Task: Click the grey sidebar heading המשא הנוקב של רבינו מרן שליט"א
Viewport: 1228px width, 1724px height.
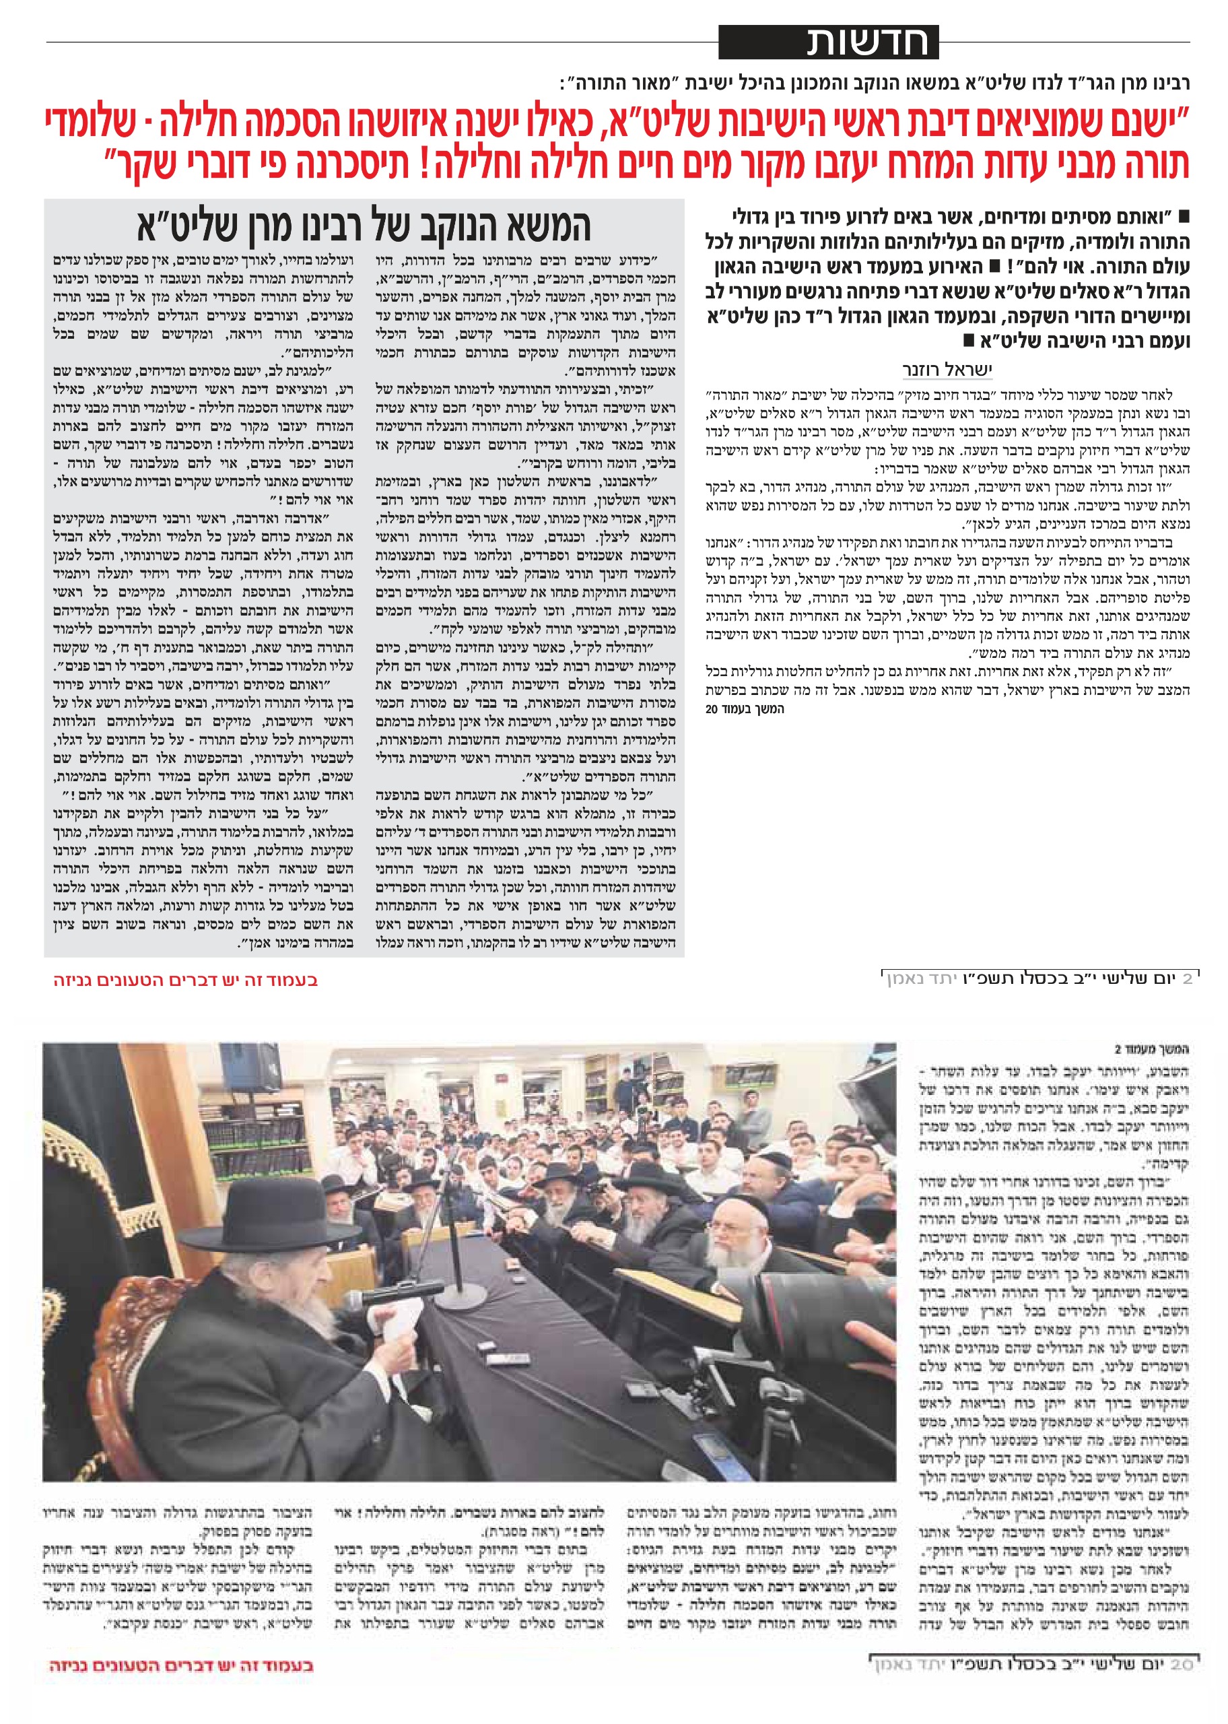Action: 364,226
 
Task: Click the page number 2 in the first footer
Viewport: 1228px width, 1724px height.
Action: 1186,979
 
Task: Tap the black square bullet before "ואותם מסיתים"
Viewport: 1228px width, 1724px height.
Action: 1184,216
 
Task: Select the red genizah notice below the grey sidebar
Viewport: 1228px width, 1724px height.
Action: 185,980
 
